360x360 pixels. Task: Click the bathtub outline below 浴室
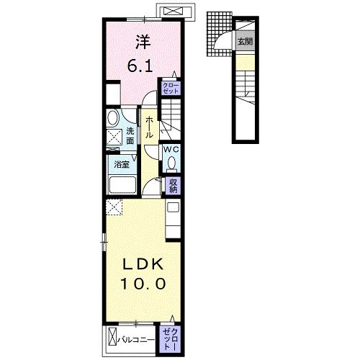tap(122, 186)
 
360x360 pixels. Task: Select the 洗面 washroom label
tap(130, 136)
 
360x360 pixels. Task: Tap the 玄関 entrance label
tap(245, 42)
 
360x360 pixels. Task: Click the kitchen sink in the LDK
tap(173, 209)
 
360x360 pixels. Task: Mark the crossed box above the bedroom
tap(174, 12)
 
